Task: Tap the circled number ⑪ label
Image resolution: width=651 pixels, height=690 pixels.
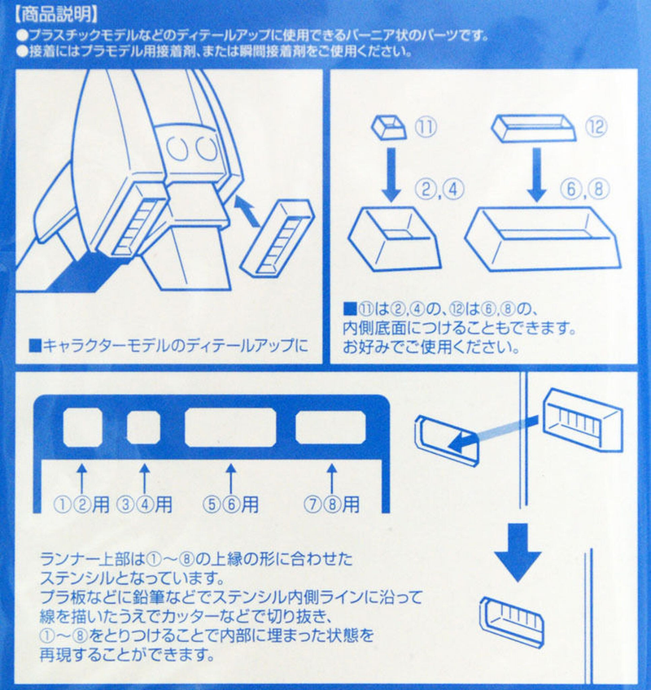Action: (x=426, y=127)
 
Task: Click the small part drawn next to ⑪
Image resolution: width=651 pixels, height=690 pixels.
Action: (x=389, y=127)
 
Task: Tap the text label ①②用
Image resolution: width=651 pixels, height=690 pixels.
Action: (x=81, y=504)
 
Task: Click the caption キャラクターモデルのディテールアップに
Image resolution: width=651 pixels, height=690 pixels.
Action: (x=169, y=345)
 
